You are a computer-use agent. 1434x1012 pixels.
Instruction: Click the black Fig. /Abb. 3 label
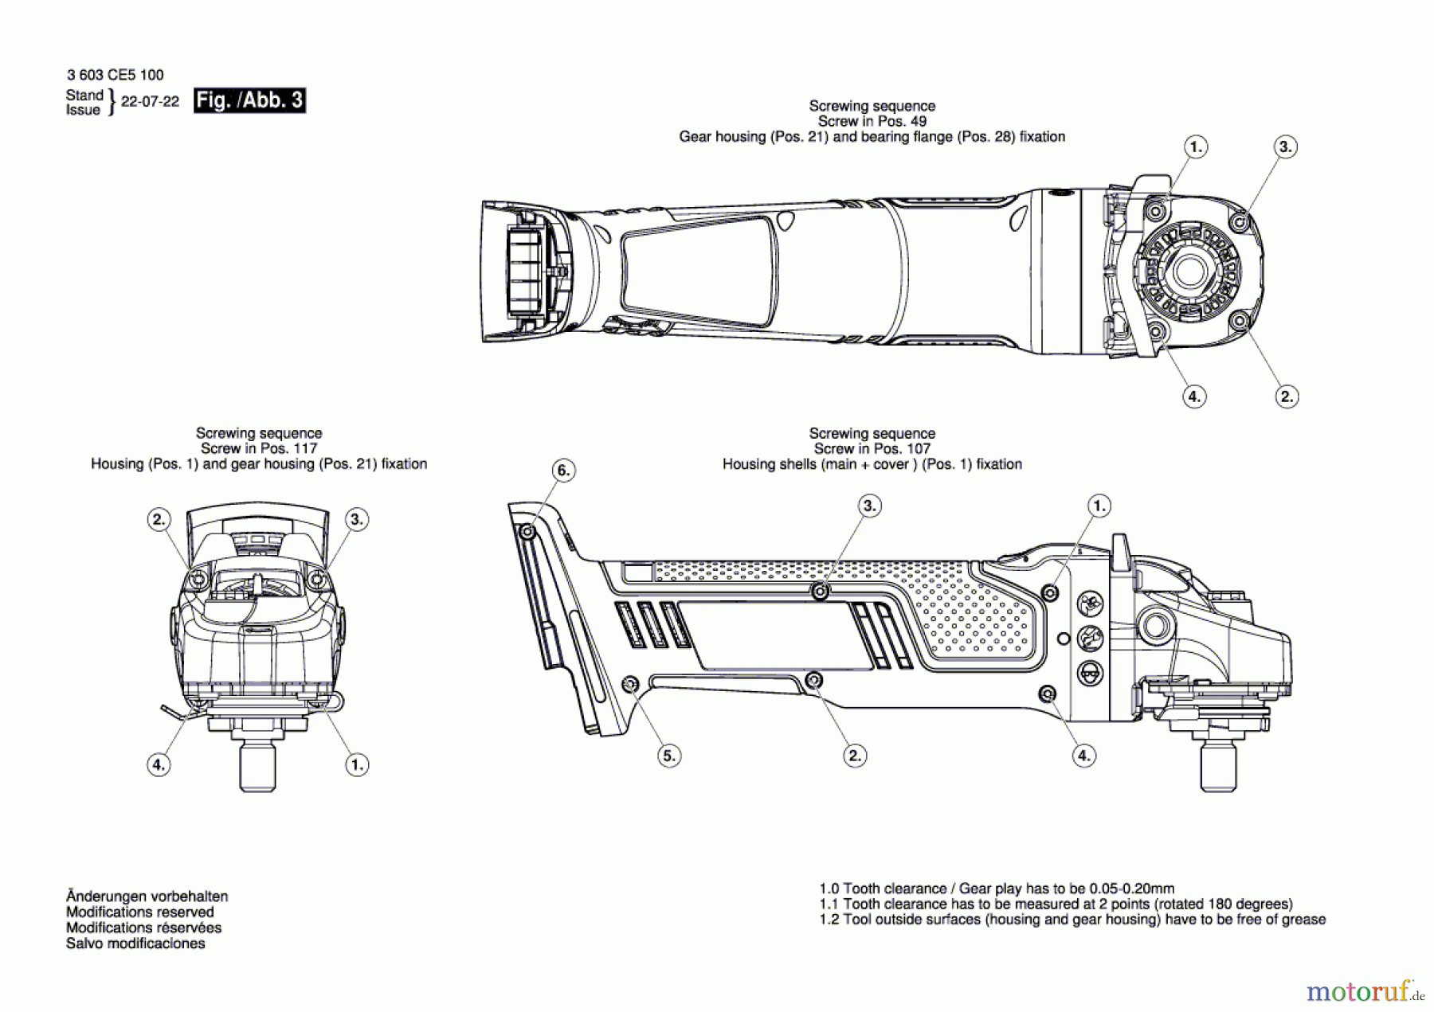[249, 100]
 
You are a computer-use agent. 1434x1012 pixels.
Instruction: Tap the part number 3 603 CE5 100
[115, 75]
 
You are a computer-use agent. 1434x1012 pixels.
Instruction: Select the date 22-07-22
[150, 102]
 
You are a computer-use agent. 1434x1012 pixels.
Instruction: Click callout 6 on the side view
[563, 471]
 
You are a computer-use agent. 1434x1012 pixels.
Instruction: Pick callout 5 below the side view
[669, 756]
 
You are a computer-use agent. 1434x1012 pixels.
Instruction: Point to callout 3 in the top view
[1284, 147]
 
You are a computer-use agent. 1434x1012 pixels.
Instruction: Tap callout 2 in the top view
[1287, 397]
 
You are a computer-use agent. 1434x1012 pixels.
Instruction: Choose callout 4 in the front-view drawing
[159, 765]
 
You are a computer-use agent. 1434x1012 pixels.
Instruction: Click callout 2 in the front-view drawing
[159, 520]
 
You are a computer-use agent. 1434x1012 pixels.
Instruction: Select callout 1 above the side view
[1099, 506]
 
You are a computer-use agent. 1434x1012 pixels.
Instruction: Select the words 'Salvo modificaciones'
[135, 944]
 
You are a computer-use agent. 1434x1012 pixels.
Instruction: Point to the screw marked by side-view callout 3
[820, 592]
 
